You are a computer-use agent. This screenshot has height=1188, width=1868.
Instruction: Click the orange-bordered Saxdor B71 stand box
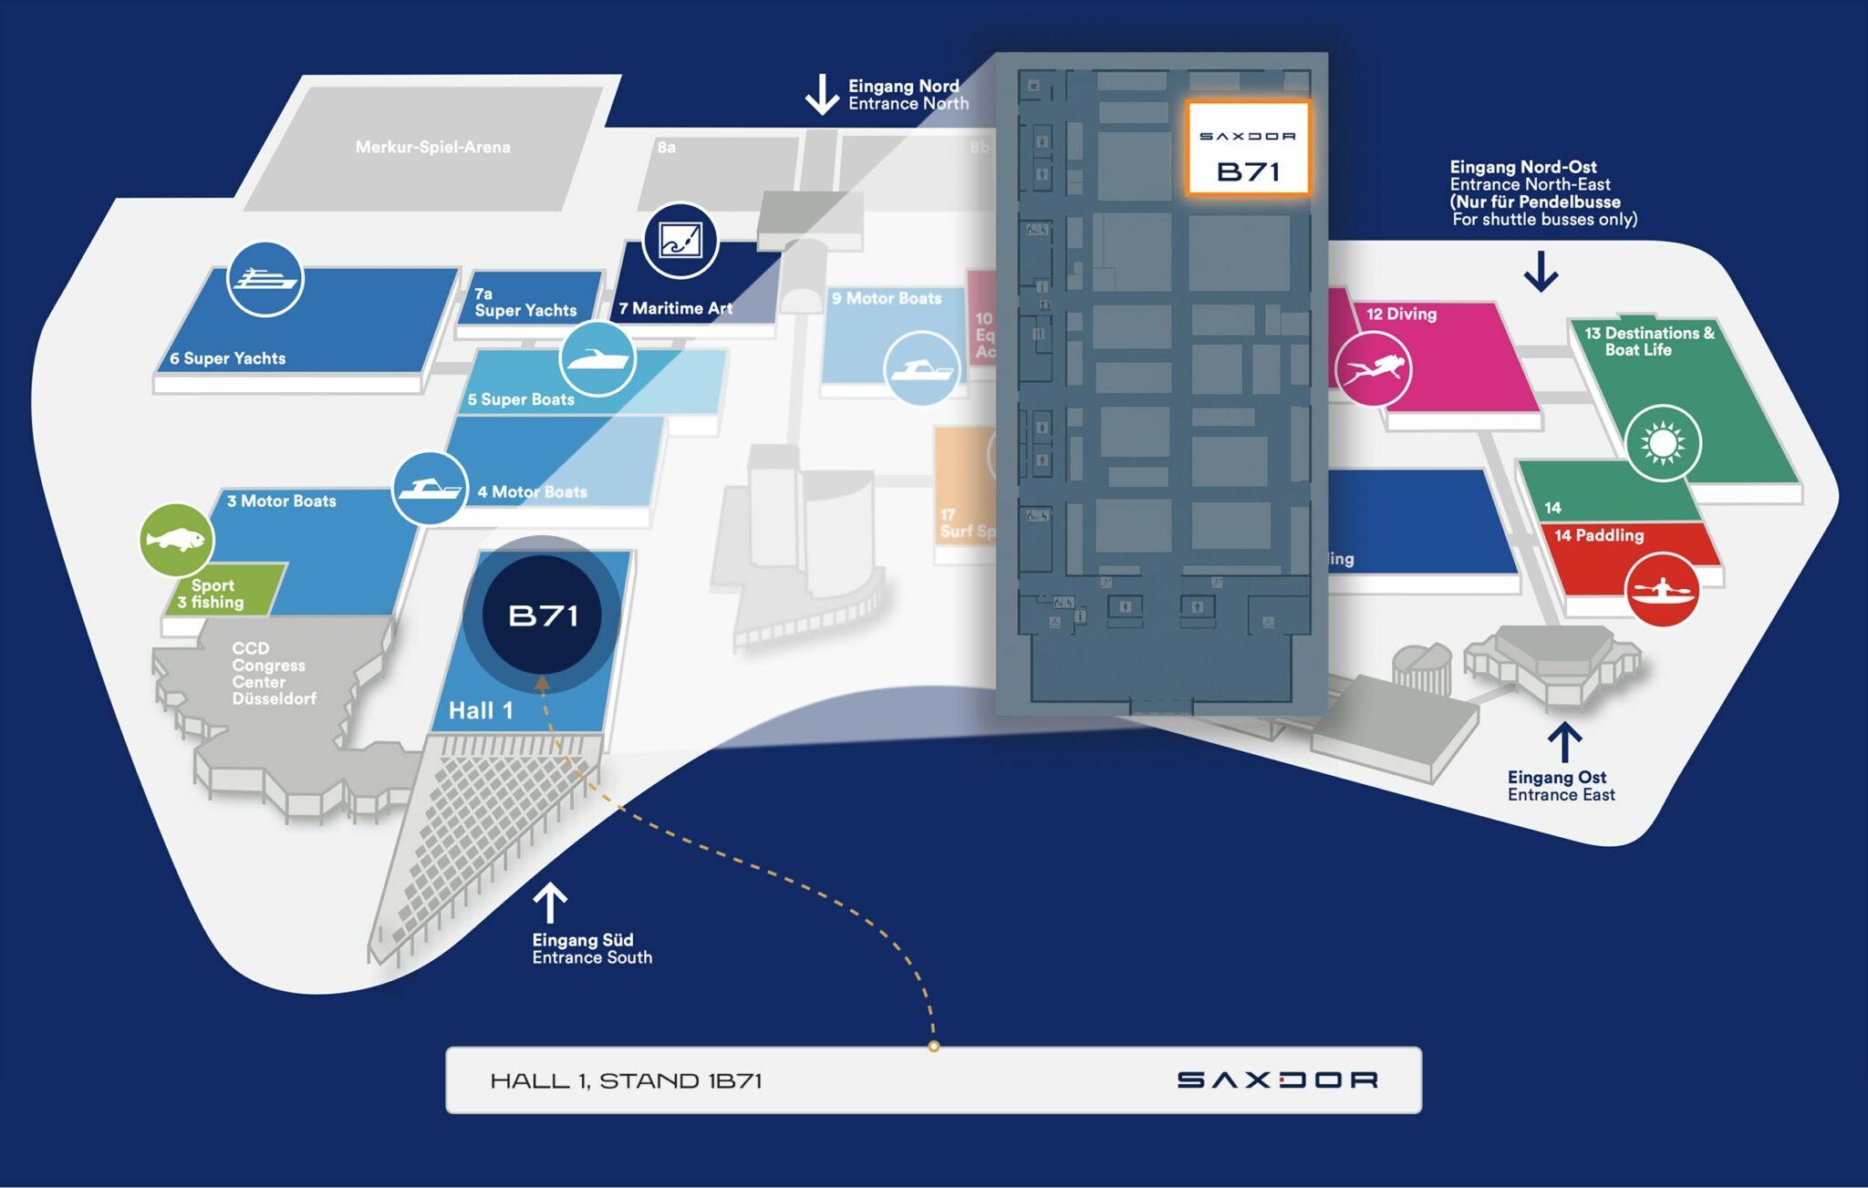1248,148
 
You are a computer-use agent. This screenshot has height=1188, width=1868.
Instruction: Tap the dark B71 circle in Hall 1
543,615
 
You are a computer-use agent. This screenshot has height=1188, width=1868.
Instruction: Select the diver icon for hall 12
1373,368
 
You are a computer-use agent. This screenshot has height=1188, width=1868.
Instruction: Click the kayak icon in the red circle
1662,589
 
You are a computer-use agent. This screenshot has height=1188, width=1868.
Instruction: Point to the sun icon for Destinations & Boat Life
1663,443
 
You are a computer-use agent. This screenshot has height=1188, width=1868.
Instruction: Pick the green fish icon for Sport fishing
176,540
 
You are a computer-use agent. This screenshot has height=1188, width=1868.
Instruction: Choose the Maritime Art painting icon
680,241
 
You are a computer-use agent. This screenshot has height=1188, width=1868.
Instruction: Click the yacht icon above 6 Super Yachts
265,279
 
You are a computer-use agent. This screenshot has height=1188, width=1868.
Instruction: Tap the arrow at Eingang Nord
822,94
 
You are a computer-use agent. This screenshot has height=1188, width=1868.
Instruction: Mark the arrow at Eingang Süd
550,903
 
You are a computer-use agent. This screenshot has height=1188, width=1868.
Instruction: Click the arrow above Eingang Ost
1565,742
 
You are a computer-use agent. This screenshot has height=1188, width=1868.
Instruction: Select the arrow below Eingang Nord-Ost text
1541,271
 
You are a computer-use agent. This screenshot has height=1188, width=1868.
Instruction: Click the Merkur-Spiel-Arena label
432,147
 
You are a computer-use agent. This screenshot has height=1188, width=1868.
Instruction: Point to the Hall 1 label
481,710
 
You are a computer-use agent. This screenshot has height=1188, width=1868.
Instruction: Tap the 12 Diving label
1401,315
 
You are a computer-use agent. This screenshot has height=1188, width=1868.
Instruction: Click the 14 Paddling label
1599,535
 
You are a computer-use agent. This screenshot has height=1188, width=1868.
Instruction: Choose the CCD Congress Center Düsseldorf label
273,673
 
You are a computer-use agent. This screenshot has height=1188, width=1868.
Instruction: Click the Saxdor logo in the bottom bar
1277,1080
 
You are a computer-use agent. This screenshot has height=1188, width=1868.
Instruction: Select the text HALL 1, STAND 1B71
626,1081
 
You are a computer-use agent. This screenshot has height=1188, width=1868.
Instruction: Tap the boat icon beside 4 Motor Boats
430,489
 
